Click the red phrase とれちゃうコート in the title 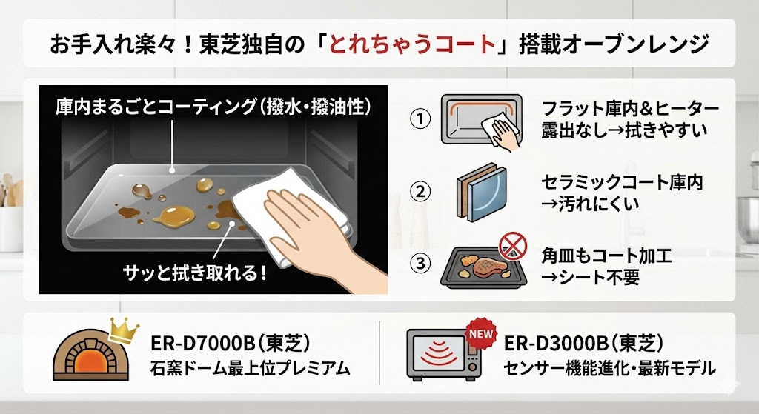(425, 44)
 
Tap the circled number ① (420, 119)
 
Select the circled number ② (420, 191)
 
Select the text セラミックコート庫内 (622, 181)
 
